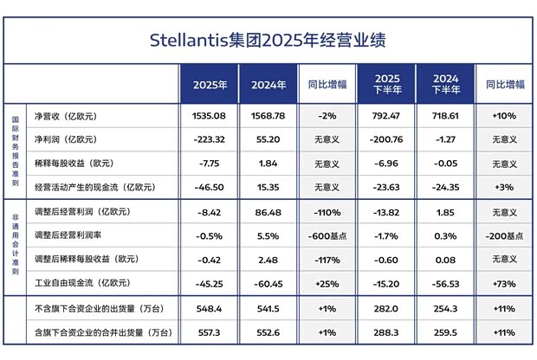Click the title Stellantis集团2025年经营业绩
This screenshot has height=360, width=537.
(268, 40)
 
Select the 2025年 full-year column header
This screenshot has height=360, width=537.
(210, 85)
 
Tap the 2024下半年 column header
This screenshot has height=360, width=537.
(445, 85)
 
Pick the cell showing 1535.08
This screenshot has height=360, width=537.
(210, 115)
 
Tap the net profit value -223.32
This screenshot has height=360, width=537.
(210, 138)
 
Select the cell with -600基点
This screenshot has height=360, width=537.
(327, 235)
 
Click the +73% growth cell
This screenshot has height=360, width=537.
(504, 282)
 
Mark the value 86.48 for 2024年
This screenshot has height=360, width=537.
(269, 212)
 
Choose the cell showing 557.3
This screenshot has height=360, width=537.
(210, 331)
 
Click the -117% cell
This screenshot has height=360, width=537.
(327, 259)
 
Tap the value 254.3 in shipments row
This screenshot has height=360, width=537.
(445, 308)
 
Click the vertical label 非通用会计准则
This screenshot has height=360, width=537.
(15, 246)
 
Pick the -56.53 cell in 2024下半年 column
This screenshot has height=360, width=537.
(445, 282)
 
